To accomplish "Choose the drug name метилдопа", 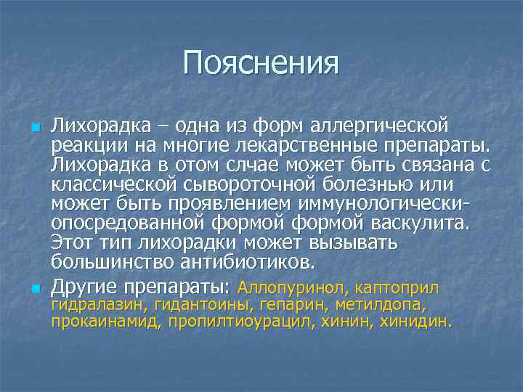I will click(x=378, y=305).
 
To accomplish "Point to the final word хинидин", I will click(x=416, y=322).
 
